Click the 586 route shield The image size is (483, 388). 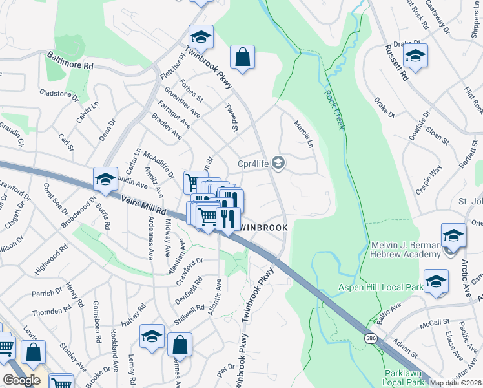(x=370, y=338)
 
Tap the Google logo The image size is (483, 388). (x=21, y=380)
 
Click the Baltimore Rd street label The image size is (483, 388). (x=70, y=61)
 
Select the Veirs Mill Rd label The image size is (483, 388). (x=142, y=205)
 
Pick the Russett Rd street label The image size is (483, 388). (x=396, y=62)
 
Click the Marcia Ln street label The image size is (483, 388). (x=303, y=133)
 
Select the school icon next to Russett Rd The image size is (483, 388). (x=415, y=56)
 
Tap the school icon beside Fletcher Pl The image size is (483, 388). (x=201, y=37)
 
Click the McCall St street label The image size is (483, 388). (x=433, y=322)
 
